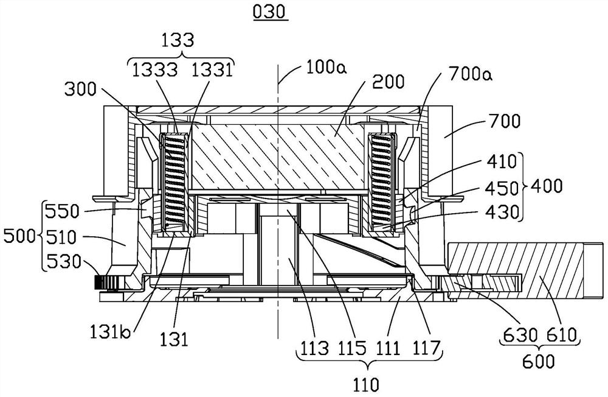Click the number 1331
209,71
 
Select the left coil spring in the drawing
172,181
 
